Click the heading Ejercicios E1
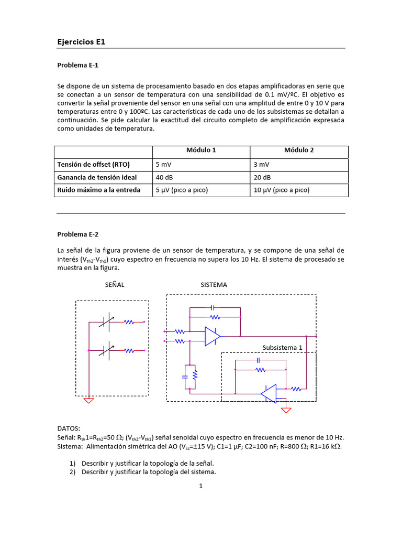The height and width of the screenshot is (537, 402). [81, 41]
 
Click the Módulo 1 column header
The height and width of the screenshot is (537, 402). [201, 150]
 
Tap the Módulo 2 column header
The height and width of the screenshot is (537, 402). [299, 150]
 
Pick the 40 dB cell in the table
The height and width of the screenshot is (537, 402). [164, 177]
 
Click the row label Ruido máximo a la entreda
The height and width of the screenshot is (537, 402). [99, 190]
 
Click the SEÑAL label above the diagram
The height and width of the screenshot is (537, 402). [115, 285]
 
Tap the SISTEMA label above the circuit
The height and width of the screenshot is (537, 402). [214, 285]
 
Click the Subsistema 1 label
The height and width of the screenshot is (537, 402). [282, 347]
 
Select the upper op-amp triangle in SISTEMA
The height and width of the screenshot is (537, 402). [212, 336]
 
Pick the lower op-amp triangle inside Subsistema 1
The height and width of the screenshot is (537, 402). [270, 393]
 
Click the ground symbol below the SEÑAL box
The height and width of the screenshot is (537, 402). [89, 401]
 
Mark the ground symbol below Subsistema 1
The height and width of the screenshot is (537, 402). [286, 410]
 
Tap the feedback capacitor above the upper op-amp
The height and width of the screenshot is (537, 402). [213, 307]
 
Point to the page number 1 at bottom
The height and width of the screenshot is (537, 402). [200, 486]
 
